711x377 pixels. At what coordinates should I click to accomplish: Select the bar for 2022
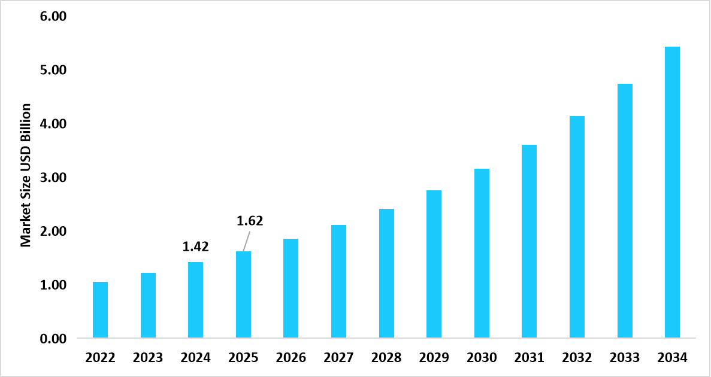[x=100, y=310]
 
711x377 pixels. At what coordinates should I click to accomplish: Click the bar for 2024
[x=195, y=300]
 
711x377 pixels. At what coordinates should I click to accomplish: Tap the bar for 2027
[x=338, y=281]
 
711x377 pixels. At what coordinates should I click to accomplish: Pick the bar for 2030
[x=482, y=254]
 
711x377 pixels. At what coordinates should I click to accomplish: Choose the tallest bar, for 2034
[x=672, y=193]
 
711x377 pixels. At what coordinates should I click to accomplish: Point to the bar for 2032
[x=577, y=227]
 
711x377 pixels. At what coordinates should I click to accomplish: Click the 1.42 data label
[x=195, y=247]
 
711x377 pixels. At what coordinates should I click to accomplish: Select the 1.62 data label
[x=250, y=221]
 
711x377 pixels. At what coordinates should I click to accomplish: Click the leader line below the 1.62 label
[x=246, y=241]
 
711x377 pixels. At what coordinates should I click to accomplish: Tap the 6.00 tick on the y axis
[x=53, y=17]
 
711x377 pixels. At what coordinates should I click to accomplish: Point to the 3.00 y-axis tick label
[x=53, y=178]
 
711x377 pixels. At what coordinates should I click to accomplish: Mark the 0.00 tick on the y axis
[x=53, y=339]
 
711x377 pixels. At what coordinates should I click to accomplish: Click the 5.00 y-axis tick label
[x=53, y=71]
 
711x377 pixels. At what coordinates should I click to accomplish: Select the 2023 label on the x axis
[x=148, y=358]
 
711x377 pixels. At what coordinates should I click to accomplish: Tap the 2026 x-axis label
[x=291, y=358]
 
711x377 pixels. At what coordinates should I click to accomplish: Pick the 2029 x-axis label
[x=434, y=358]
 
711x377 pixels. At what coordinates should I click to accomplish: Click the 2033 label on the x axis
[x=624, y=358]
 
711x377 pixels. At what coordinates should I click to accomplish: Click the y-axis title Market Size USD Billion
[x=25, y=175]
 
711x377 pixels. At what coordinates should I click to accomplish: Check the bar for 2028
[x=386, y=273]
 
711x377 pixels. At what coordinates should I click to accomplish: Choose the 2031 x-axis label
[x=529, y=358]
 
